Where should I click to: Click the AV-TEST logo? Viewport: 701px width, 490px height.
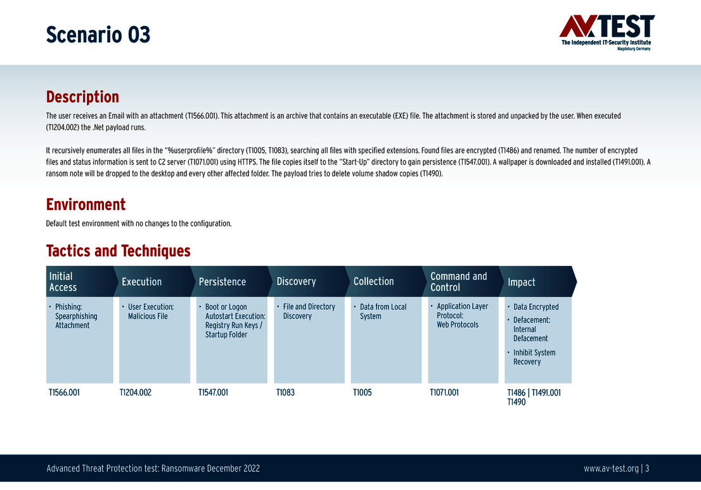(607, 33)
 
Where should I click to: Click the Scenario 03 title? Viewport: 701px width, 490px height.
(98, 34)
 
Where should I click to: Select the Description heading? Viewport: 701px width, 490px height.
(82, 96)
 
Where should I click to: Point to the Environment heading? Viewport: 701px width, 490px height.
(86, 204)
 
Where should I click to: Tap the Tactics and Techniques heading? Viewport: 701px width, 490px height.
(119, 251)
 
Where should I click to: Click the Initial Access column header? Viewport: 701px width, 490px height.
(63, 282)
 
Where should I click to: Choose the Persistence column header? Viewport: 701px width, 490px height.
(222, 282)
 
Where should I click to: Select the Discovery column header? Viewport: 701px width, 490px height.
(296, 281)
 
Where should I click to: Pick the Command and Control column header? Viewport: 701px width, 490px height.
(459, 282)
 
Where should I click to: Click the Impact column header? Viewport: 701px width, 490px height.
(521, 282)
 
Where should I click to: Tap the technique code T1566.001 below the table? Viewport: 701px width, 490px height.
(64, 392)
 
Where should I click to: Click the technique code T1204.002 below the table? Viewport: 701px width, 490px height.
(136, 392)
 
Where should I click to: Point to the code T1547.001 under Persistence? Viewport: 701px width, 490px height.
(213, 392)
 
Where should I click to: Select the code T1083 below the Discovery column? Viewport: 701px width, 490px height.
(285, 392)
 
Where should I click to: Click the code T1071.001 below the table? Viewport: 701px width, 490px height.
(444, 392)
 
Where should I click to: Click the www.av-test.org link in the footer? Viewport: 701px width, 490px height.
(611, 468)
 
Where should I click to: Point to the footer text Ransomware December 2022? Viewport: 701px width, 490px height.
(210, 468)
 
